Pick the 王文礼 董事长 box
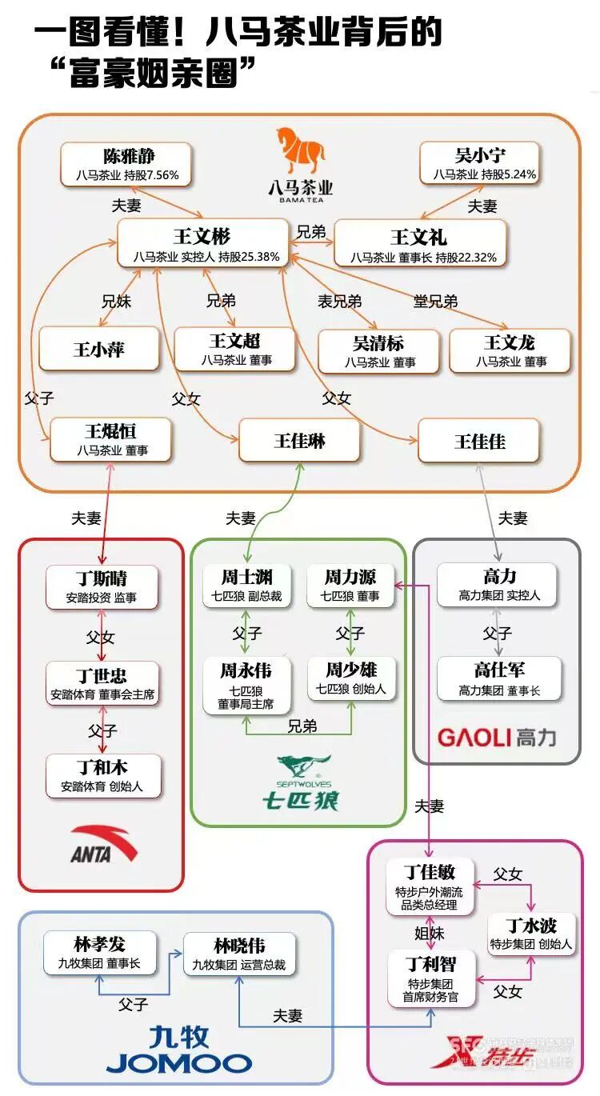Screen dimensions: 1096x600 [x=419, y=245]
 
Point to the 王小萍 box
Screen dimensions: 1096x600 [x=99, y=350]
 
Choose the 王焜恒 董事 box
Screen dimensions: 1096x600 [x=111, y=440]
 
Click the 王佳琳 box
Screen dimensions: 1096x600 [x=299, y=441]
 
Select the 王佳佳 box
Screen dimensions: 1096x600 [x=479, y=441]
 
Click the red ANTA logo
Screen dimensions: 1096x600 [x=103, y=844]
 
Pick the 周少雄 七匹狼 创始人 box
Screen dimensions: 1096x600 [x=351, y=678]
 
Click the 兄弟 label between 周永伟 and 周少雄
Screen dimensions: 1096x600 [x=302, y=726]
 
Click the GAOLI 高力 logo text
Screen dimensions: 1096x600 [x=496, y=737]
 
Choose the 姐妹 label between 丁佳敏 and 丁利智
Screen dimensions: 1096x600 [x=430, y=933]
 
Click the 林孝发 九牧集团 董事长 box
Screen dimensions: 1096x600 [x=99, y=953]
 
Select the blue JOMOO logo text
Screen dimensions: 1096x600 [x=179, y=1062]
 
